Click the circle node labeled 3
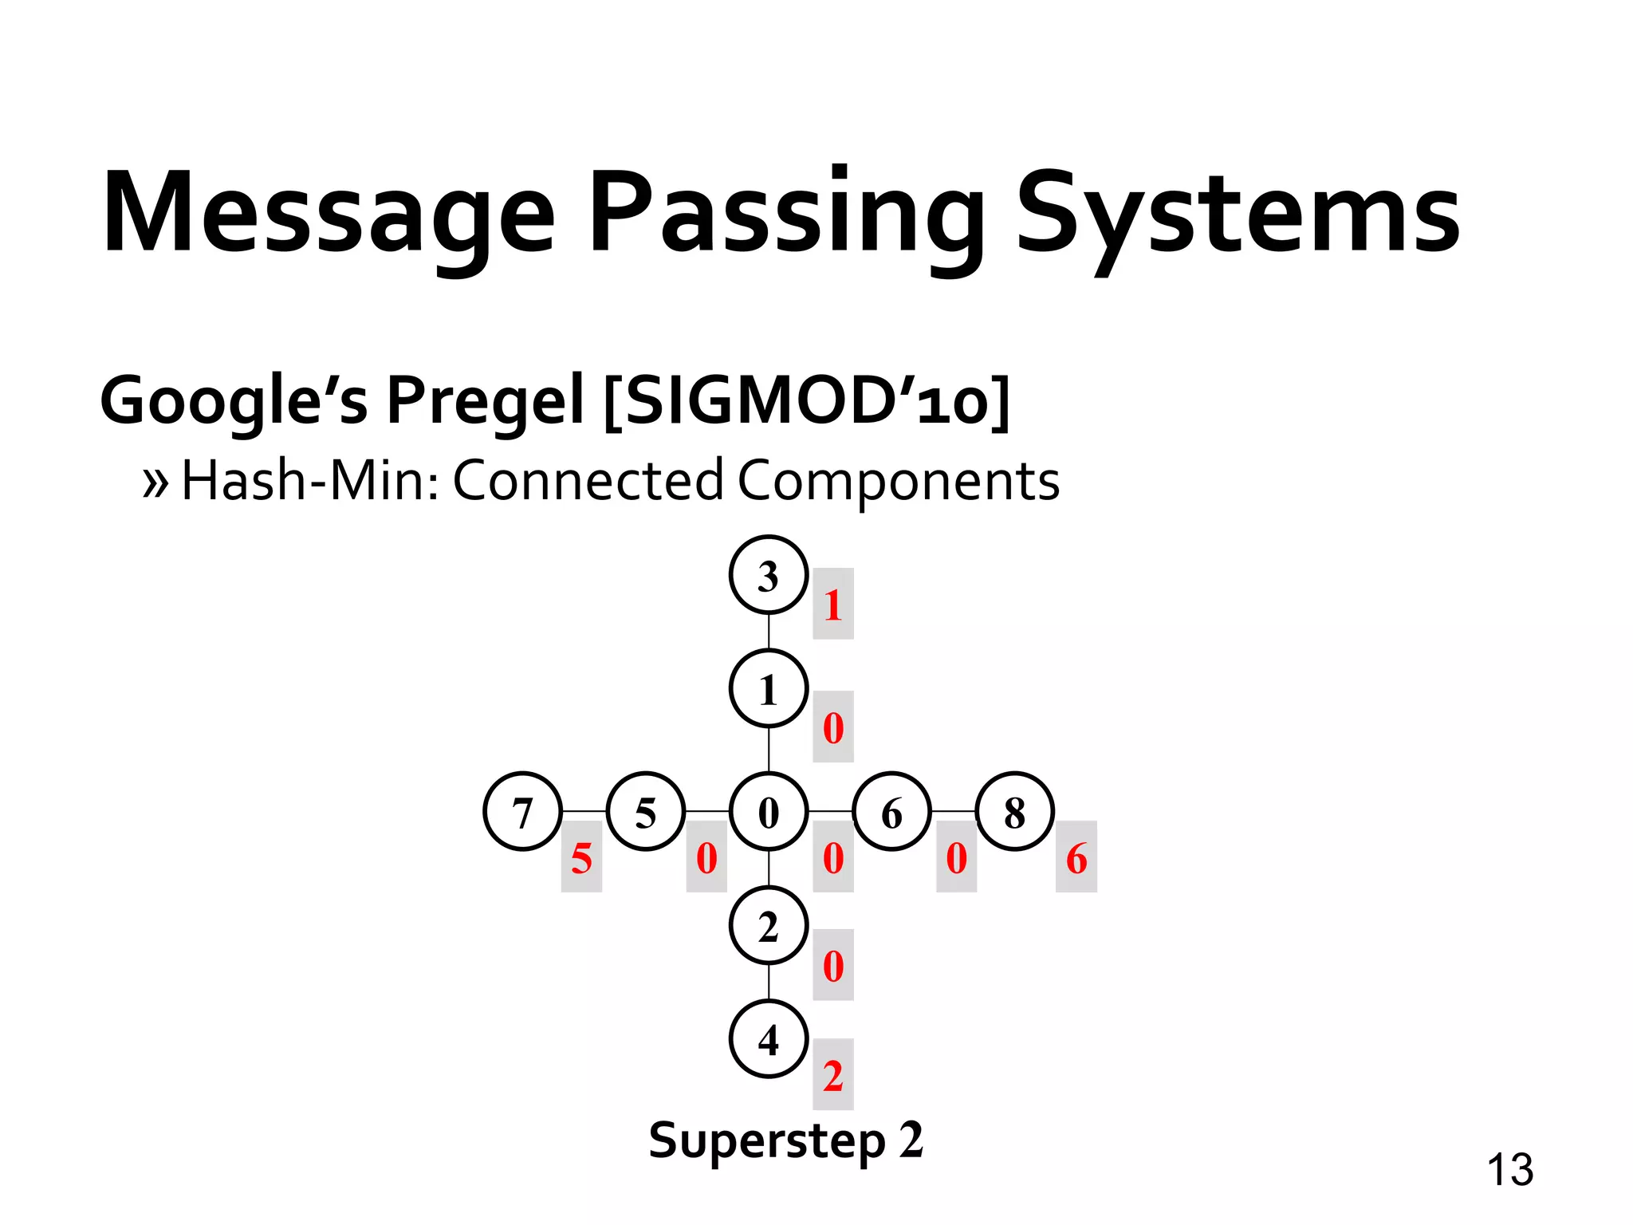pyautogui.click(x=769, y=575)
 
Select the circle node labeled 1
pyautogui.click(x=769, y=689)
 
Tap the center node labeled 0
pyautogui.click(x=769, y=812)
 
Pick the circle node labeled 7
pyautogui.click(x=522, y=812)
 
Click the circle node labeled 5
pyautogui.click(x=646, y=812)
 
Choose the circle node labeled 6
pyautogui.click(x=891, y=812)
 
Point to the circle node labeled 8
pyautogui.click(x=1014, y=812)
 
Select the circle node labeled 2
pyautogui.click(x=769, y=926)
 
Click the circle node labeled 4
pyautogui.click(x=769, y=1039)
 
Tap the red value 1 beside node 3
pyautogui.click(x=833, y=605)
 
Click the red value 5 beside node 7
pyautogui.click(x=581, y=858)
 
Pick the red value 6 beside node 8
pyautogui.click(x=1076, y=858)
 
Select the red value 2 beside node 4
pyautogui.click(x=833, y=1075)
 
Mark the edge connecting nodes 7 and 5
pyautogui.click(x=584, y=811)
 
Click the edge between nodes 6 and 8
pyautogui.click(x=954, y=811)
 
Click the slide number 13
pyautogui.click(x=1509, y=1170)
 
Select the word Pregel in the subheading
pyautogui.click(x=486, y=401)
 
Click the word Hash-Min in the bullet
pyautogui.click(x=309, y=482)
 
